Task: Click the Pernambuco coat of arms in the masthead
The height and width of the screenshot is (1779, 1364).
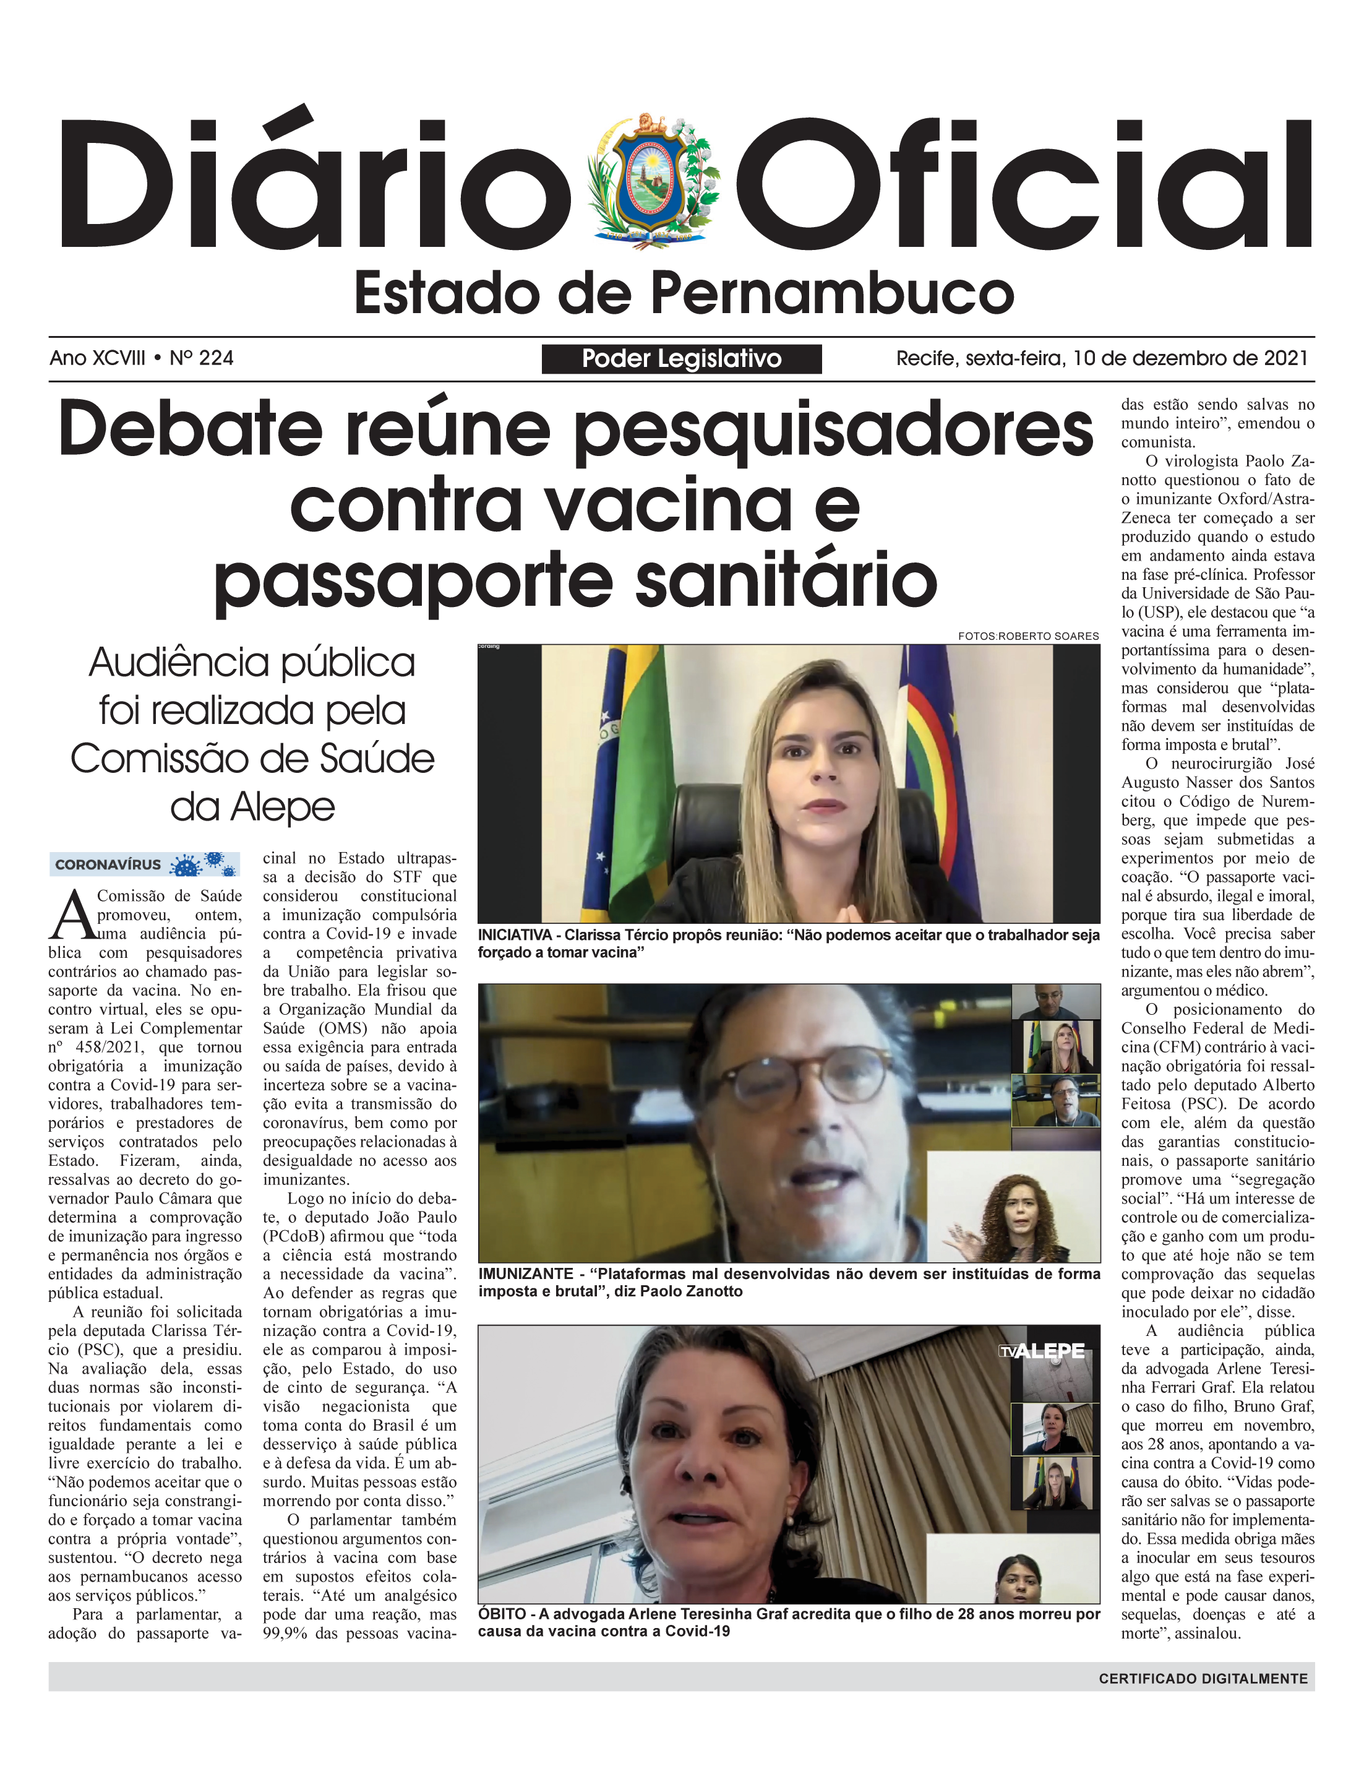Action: click(654, 180)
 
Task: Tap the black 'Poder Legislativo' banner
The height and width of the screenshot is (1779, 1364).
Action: click(681, 359)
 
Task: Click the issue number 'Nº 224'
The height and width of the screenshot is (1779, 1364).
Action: click(202, 358)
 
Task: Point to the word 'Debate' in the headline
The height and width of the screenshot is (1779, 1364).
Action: click(191, 428)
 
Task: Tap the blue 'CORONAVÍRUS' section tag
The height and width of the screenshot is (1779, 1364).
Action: click(108, 864)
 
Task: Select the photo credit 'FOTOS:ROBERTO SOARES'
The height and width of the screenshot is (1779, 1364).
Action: click(1028, 635)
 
